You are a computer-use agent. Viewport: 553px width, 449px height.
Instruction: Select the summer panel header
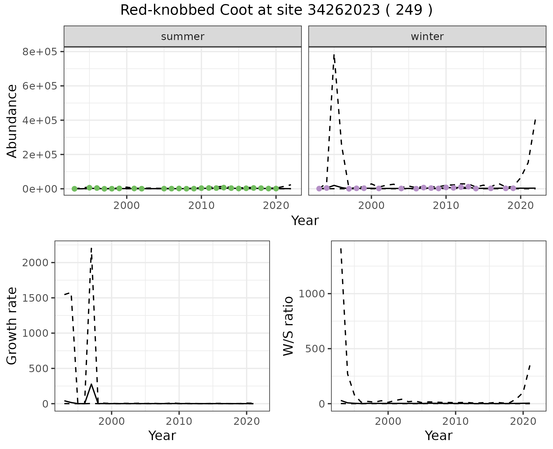pos(183,37)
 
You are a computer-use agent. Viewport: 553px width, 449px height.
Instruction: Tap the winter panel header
pos(427,37)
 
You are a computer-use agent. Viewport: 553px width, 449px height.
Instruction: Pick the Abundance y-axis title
pos(12,121)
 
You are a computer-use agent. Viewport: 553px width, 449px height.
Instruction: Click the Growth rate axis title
pos(12,326)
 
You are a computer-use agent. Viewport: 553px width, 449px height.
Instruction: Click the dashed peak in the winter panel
pos(334,55)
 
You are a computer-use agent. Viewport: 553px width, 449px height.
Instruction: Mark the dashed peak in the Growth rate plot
pos(91,248)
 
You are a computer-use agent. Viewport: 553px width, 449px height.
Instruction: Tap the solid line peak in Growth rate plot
pos(91,384)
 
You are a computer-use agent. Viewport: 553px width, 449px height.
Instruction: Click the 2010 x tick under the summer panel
pos(201,206)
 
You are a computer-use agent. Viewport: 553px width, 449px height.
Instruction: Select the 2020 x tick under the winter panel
pos(520,206)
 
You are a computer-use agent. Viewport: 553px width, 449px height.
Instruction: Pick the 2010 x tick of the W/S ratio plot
pos(455,421)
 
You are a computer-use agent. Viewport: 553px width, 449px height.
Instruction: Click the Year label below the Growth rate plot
pos(162,436)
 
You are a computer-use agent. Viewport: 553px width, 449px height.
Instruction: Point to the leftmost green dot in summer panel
pos(74,189)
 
